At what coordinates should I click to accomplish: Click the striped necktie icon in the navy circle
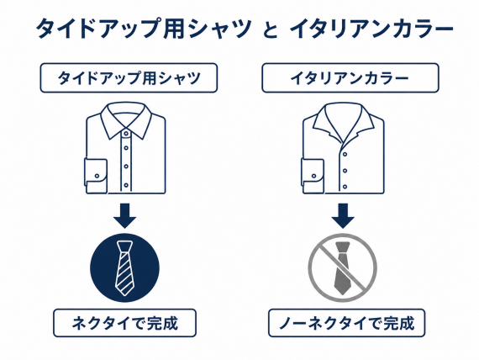[125, 268]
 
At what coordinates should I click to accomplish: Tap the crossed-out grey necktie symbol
[343, 268]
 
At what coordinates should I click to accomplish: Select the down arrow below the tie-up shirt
[125, 215]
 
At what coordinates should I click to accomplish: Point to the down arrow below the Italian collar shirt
[343, 215]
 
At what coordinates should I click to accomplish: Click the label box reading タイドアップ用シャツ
[129, 77]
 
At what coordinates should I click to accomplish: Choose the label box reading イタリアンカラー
[350, 77]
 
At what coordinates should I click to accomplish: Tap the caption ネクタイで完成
[124, 323]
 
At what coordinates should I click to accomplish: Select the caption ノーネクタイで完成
[346, 323]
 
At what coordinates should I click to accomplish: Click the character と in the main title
[271, 30]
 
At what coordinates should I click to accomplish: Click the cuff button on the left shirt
[97, 176]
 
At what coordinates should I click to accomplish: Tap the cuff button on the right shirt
[313, 176]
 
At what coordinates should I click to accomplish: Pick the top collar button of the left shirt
[126, 134]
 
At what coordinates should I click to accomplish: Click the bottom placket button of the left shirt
[126, 185]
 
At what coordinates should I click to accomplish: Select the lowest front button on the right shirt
[345, 186]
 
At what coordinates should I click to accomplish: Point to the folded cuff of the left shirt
[96, 176]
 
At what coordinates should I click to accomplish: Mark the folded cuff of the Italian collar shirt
[313, 176]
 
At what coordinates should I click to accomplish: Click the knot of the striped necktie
[125, 246]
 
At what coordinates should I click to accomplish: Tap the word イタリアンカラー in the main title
[371, 29]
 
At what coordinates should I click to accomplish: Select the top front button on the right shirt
[345, 155]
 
